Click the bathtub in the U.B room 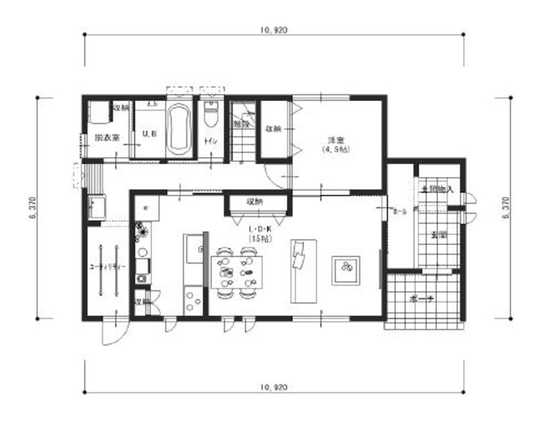point(178,127)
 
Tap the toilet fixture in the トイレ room point(210,115)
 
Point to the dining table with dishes point(237,272)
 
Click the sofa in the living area point(303,271)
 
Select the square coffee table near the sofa point(346,270)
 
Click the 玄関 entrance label point(439,235)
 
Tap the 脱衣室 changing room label point(107,138)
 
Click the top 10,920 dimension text point(272,30)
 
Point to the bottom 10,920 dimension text point(272,387)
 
